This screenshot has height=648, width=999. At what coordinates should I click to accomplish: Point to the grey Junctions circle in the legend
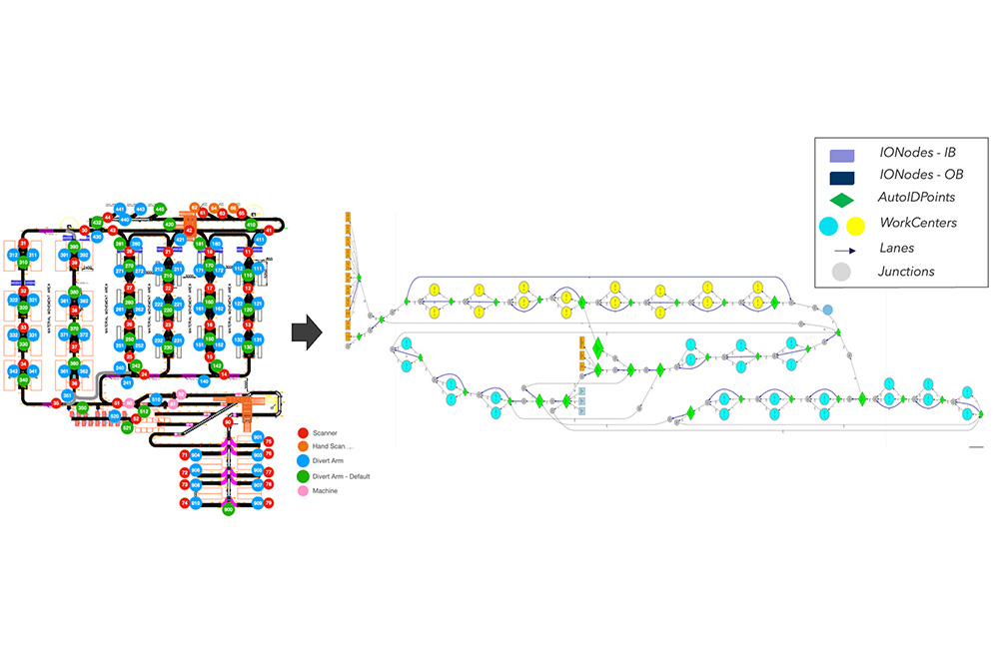842,270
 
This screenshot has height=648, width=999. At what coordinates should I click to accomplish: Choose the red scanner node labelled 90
228,423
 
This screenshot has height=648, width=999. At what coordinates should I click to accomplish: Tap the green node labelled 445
160,209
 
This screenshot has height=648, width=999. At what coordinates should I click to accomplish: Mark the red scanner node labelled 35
57,403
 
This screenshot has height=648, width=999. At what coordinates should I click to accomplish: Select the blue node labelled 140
204,381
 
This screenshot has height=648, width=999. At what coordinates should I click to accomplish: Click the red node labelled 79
269,503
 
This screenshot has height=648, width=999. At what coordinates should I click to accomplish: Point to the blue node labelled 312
14,256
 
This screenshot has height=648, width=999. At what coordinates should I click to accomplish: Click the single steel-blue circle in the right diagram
827,310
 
